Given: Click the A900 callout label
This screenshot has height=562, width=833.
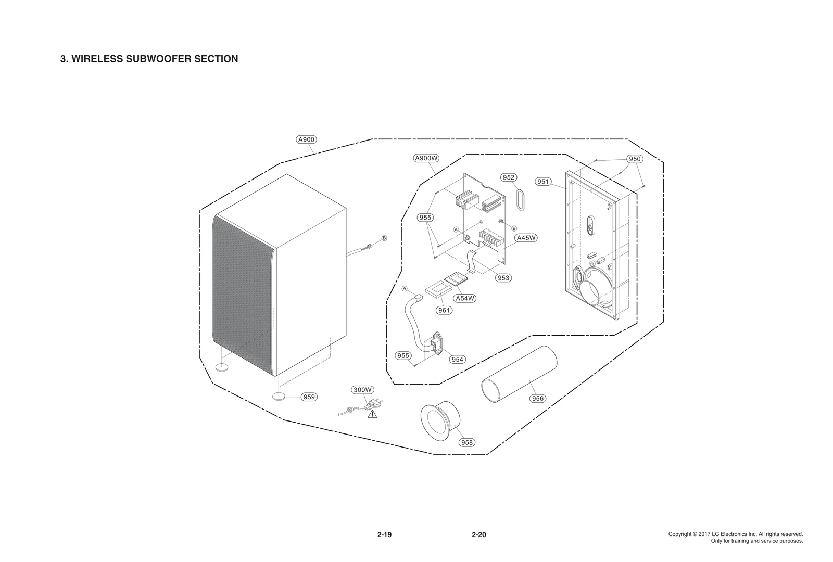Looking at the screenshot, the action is (306, 139).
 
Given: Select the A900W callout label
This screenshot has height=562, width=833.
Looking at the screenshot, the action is (426, 158).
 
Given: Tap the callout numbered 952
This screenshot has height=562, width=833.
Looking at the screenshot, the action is (509, 178).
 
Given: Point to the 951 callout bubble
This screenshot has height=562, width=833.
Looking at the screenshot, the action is (543, 182).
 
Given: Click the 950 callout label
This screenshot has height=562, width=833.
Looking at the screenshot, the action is (635, 159).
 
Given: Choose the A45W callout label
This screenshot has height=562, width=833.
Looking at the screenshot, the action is (526, 238).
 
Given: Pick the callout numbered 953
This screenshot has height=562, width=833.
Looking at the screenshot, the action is (503, 278).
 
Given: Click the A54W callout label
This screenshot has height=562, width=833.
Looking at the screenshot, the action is (465, 298).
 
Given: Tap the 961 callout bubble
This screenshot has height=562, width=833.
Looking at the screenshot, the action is (444, 310).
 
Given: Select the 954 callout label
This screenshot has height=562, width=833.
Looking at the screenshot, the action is (457, 360).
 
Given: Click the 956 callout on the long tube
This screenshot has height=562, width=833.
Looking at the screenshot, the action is (537, 399).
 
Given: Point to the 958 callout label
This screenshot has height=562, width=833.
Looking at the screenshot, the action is (467, 442).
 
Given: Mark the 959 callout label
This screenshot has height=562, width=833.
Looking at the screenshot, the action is (309, 397).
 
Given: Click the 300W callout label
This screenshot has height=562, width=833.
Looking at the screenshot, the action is (362, 390).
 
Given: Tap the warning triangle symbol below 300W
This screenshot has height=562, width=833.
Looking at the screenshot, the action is (372, 414).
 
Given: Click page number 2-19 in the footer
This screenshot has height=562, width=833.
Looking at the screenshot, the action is (384, 535).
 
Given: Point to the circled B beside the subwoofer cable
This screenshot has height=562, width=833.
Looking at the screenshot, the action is (384, 238).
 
